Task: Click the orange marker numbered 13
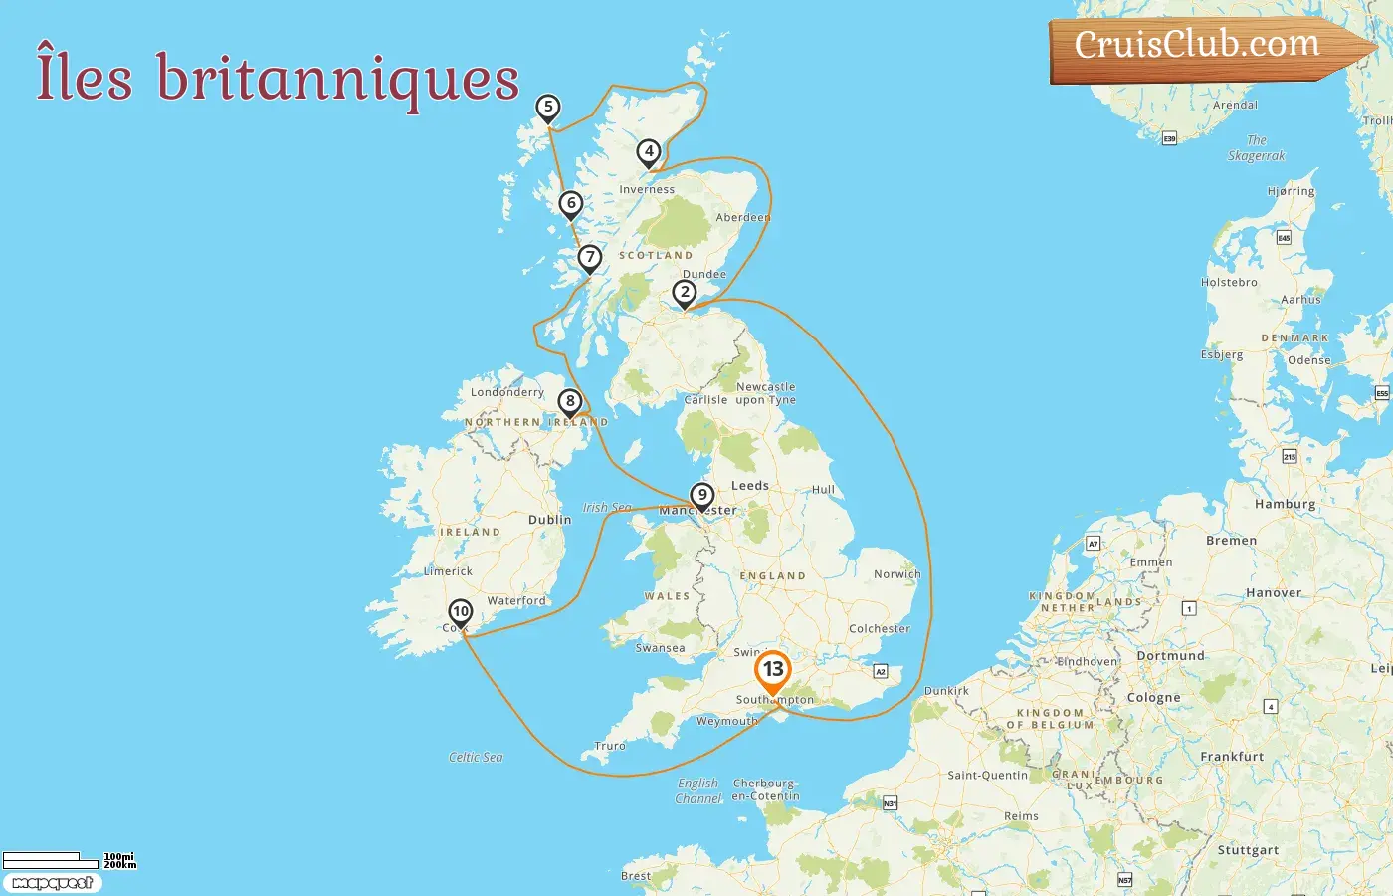tap(772, 670)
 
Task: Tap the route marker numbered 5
tap(547, 108)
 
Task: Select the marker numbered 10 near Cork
tap(460, 612)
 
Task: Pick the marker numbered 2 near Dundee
tap(684, 293)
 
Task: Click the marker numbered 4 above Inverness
tap(649, 152)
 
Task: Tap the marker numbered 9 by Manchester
tap(702, 495)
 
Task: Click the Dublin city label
tap(549, 520)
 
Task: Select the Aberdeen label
tap(742, 217)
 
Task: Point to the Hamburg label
tap(1285, 504)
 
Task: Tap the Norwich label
tap(896, 574)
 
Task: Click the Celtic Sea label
tap(476, 758)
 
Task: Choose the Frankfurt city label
tap(1232, 757)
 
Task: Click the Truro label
tap(610, 746)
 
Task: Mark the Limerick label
tap(448, 571)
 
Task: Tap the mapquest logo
tap(52, 883)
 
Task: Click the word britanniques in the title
tap(338, 80)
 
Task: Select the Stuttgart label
tap(1248, 850)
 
